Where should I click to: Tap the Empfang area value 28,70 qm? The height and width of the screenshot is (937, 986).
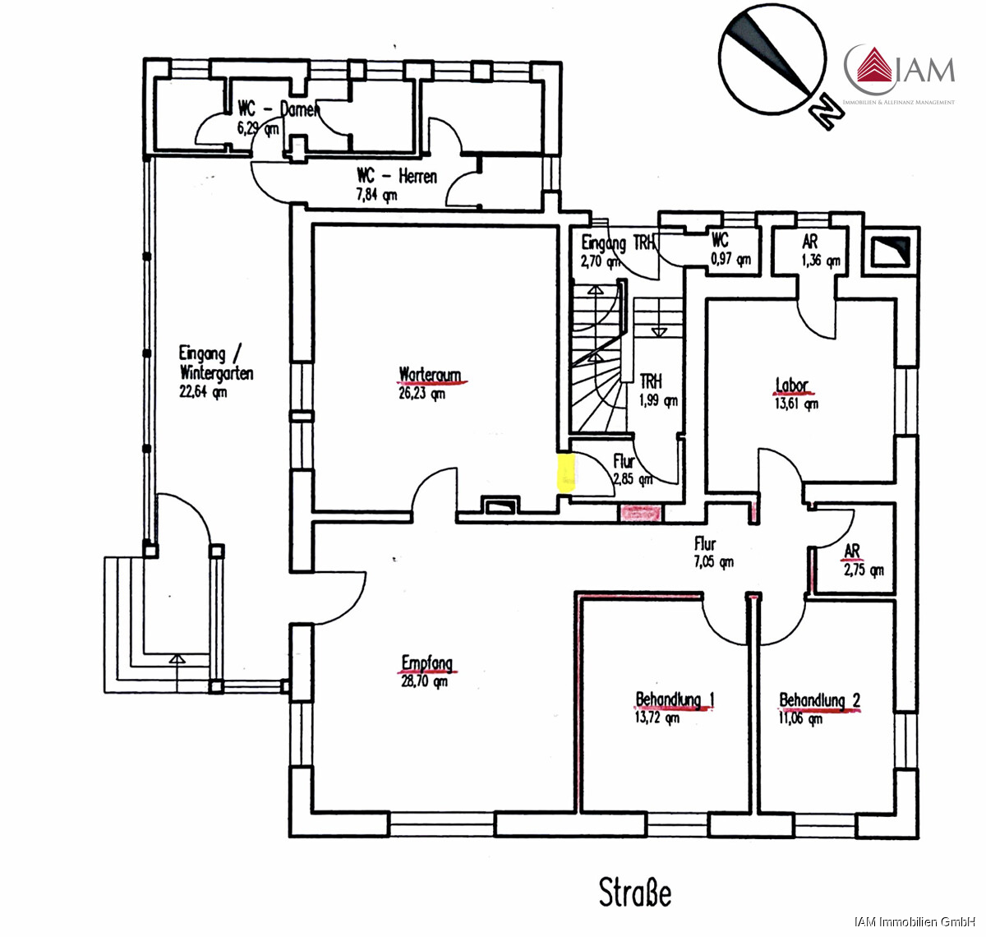pyautogui.click(x=424, y=681)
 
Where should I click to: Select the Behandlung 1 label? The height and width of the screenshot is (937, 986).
pyautogui.click(x=675, y=700)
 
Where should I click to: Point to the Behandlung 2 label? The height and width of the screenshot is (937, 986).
pyautogui.click(x=819, y=700)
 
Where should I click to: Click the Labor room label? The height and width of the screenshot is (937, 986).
pyautogui.click(x=792, y=385)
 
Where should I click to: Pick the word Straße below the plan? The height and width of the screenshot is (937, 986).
pyautogui.click(x=635, y=893)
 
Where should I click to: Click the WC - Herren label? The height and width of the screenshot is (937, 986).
pyautogui.click(x=397, y=176)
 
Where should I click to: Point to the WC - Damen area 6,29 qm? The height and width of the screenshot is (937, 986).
pyautogui.click(x=257, y=128)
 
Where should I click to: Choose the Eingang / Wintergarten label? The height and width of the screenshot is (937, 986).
pyautogui.click(x=215, y=363)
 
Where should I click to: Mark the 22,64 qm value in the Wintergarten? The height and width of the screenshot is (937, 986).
pyautogui.click(x=203, y=392)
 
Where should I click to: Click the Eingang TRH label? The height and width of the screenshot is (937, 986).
pyautogui.click(x=618, y=243)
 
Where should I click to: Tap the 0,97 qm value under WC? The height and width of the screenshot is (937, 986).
pyautogui.click(x=730, y=260)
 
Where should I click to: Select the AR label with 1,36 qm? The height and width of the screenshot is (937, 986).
pyautogui.click(x=810, y=242)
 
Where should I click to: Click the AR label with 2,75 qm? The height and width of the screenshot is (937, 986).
pyautogui.click(x=852, y=551)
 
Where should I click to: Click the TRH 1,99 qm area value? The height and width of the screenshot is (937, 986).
pyautogui.click(x=659, y=401)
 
